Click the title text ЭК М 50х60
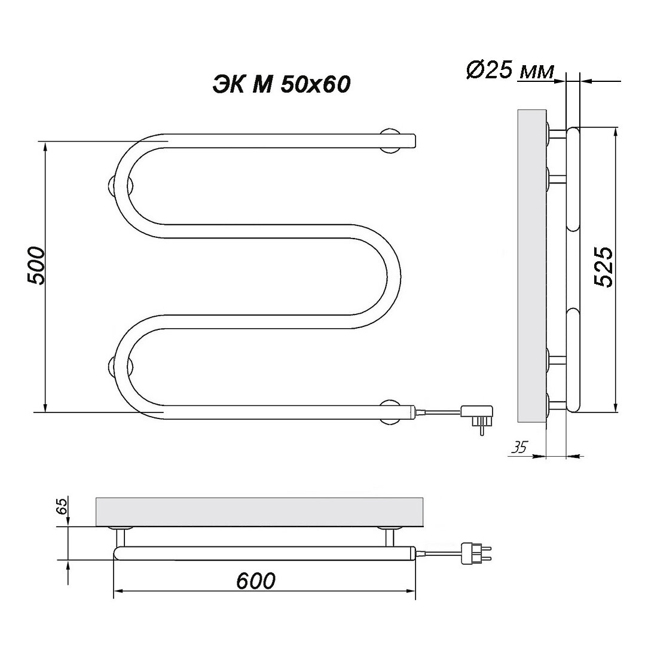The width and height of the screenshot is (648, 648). click(282, 85)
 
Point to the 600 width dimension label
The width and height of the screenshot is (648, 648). click(256, 580)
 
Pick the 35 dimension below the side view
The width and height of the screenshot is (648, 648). click(519, 447)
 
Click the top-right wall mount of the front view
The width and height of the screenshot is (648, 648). click(390, 141)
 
